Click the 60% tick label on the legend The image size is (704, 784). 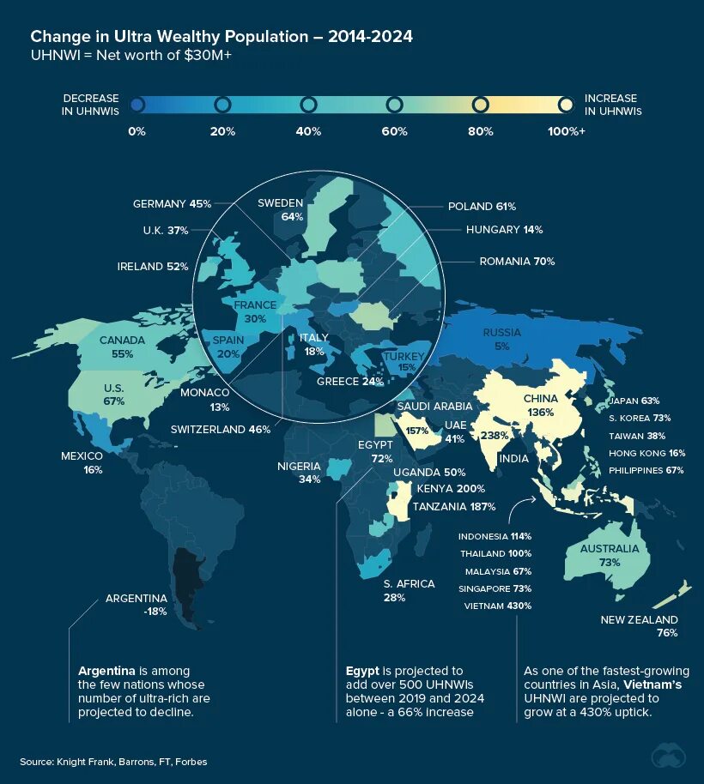pos(394,131)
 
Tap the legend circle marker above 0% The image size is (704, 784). pos(137,105)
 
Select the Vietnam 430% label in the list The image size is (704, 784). pos(497,606)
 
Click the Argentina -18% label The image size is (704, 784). pos(136,605)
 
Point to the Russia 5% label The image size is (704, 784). pos(501,340)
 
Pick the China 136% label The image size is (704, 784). pos(541,405)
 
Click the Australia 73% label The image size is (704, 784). pos(610,555)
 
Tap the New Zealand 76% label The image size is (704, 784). pos(640,626)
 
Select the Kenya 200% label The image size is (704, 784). pos(446,489)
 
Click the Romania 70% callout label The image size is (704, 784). pos(517,261)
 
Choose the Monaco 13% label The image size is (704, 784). pos(205,399)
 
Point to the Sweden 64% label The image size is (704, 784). pos(281,209)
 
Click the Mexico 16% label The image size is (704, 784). pos(82,462)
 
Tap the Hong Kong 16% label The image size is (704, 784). pos(646,453)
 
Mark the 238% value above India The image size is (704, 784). pos(495,435)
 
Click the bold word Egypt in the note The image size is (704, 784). pos(362,670)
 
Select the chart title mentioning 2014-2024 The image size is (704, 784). pos(222,36)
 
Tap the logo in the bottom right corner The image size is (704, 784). pos(669,756)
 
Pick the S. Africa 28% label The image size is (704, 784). pos(408,590)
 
